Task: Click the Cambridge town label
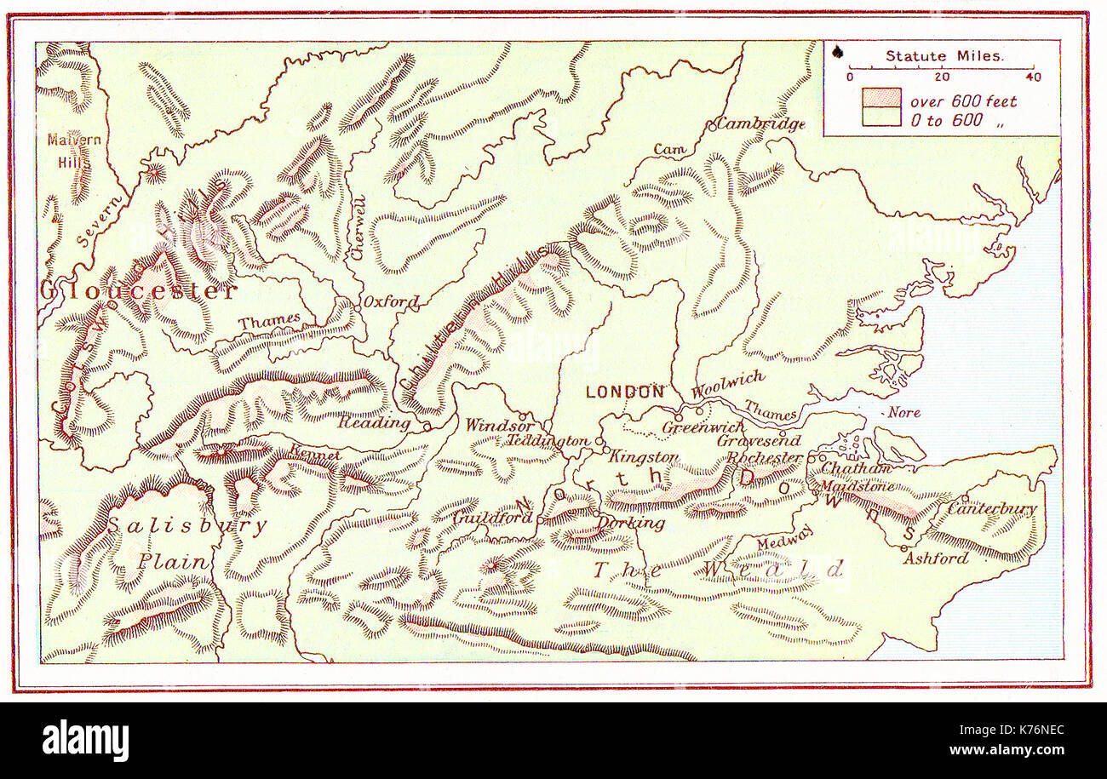point(760,123)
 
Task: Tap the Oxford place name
point(391,301)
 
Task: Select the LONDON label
point(625,392)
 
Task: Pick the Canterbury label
point(993,509)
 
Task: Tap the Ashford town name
point(936,558)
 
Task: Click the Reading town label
point(374,421)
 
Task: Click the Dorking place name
point(631,522)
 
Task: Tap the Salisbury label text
point(186,525)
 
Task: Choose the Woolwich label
point(727,384)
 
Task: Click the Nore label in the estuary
point(903,412)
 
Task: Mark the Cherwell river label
point(359,228)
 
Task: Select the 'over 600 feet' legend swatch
point(880,97)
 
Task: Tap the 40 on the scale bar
point(1033,77)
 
